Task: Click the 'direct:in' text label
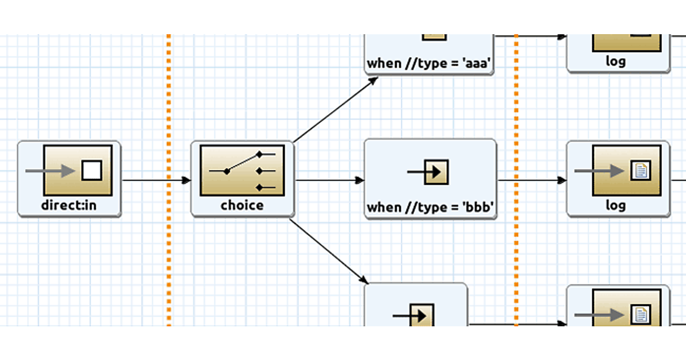click(69, 206)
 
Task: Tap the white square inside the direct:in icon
click(91, 170)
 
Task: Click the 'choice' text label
click(242, 206)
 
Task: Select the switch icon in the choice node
click(242, 170)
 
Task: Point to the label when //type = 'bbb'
click(430, 207)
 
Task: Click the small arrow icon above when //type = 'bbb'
click(430, 171)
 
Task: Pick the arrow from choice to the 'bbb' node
click(329, 181)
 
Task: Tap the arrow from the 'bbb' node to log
click(532, 181)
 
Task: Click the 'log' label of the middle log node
click(616, 206)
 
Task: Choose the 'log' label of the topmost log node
click(616, 62)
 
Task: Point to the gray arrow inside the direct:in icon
click(50, 170)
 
